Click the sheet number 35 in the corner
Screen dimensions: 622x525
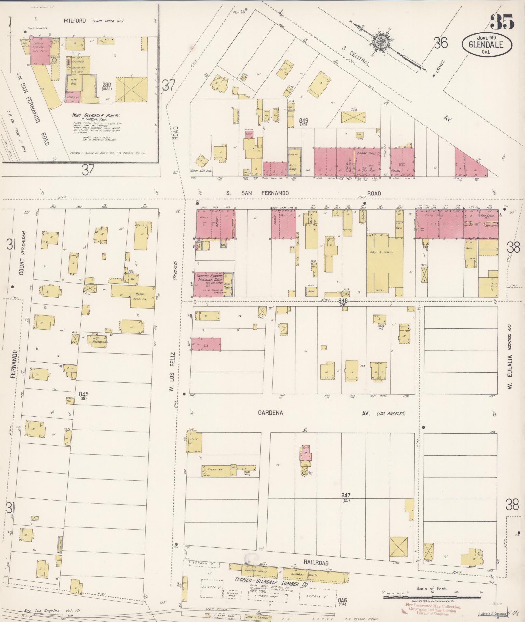(x=502, y=22)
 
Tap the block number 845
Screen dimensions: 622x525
(x=84, y=394)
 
